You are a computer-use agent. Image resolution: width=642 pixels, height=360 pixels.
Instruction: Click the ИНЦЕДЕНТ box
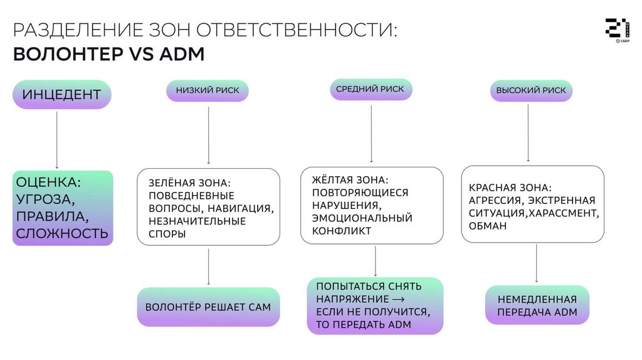tap(61, 95)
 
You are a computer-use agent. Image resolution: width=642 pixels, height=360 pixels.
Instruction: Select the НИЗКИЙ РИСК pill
tap(207, 90)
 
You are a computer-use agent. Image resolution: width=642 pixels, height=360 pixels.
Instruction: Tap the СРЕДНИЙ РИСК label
tap(371, 89)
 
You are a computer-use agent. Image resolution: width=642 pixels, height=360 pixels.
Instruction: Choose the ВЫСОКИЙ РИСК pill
tap(531, 90)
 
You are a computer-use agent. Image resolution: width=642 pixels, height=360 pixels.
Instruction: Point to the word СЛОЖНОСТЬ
tap(62, 234)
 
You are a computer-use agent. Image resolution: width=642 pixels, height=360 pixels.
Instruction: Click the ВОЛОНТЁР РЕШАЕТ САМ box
tap(208, 307)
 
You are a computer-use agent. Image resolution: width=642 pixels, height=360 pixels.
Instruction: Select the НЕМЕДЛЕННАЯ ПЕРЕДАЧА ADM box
tap(537, 305)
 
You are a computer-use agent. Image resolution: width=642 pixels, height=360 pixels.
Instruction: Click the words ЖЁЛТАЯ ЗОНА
tap(350, 180)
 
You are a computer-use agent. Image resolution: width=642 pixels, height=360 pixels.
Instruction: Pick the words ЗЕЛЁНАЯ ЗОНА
tap(189, 183)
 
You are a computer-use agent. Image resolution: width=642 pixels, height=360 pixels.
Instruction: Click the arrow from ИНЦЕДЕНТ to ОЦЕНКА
tap(57, 139)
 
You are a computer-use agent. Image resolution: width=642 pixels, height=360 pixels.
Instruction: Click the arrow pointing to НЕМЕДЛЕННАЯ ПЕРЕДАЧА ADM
tap(537, 263)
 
